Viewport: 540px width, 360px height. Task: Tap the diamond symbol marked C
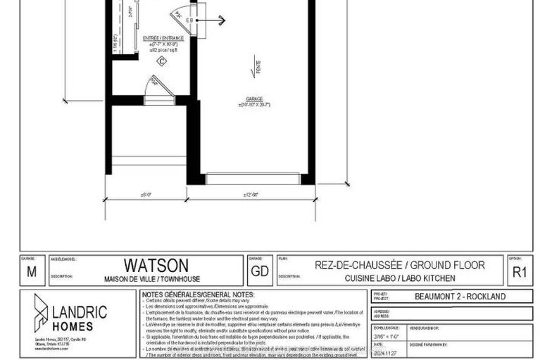tap(161, 61)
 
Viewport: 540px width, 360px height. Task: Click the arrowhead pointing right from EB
tap(221, 20)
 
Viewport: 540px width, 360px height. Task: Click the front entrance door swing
tap(153, 86)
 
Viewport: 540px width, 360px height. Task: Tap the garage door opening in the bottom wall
tap(252, 179)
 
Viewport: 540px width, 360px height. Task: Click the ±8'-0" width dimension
tap(146, 194)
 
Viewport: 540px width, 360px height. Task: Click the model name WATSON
tap(156, 266)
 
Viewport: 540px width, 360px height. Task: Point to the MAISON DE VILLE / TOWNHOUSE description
tap(156, 278)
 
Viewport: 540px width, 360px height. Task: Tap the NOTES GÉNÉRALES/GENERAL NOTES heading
tap(195, 294)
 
